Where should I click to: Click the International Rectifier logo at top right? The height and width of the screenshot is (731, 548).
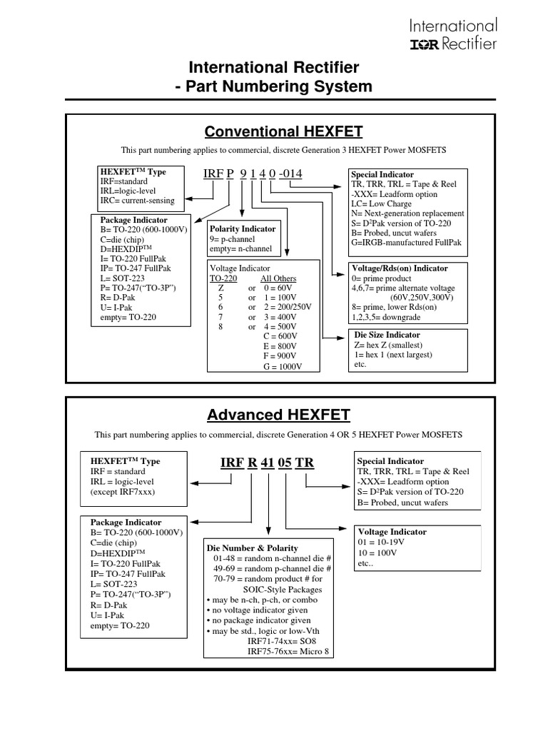click(x=453, y=35)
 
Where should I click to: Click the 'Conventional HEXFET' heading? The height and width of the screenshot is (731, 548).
click(x=283, y=131)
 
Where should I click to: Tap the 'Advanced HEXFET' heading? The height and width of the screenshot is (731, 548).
click(x=278, y=415)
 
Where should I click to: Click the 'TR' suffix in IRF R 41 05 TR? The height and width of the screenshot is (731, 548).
click(x=305, y=463)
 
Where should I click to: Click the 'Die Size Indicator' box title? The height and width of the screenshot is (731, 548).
click(x=387, y=335)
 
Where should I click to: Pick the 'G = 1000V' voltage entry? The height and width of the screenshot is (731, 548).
click(x=283, y=366)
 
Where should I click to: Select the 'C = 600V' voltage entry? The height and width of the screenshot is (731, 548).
click(x=282, y=336)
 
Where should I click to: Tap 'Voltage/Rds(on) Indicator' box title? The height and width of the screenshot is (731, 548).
click(x=400, y=268)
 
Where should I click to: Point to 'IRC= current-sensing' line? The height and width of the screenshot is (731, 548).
click(x=138, y=201)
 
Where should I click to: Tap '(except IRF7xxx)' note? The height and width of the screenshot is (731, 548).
click(x=123, y=492)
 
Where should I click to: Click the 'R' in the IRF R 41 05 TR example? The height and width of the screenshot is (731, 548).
click(x=252, y=463)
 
